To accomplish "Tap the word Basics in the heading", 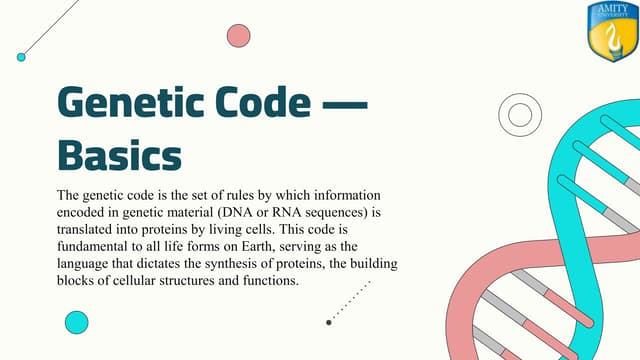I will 120,156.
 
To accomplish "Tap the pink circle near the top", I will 238,36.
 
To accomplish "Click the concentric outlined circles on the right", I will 520,114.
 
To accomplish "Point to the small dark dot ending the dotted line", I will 329,322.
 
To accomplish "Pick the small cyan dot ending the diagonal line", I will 21,57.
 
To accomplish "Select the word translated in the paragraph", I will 87,229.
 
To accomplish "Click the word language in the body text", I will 85,264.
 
